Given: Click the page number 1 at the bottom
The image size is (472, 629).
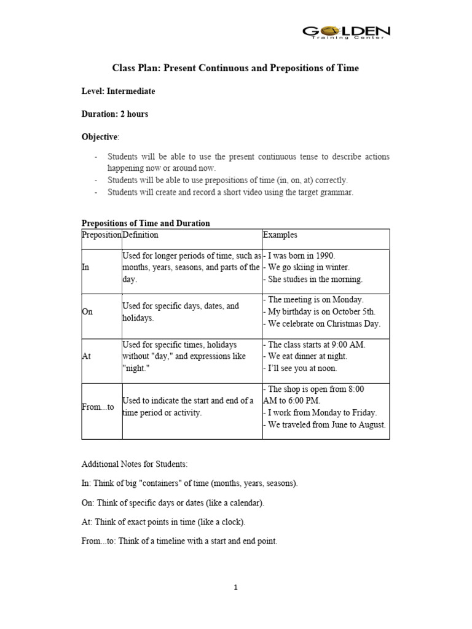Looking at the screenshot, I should coord(235,587).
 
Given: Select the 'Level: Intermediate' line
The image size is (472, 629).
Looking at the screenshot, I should coord(118,91).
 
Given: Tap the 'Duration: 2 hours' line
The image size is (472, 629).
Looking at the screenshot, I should coord(114,114).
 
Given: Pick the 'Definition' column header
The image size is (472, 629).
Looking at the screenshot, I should coord(140,235).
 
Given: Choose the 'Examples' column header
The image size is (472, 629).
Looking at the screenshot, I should coord(280,235).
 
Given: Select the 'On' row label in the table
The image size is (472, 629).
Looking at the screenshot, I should coord(87,311).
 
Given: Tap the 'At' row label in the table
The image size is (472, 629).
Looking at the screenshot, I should coord(86,356).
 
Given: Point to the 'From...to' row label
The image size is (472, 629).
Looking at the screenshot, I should coord(98,407).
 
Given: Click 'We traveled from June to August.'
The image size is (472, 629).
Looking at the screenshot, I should coord(326,424).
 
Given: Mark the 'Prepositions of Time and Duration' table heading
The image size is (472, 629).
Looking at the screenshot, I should coord(146,223).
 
